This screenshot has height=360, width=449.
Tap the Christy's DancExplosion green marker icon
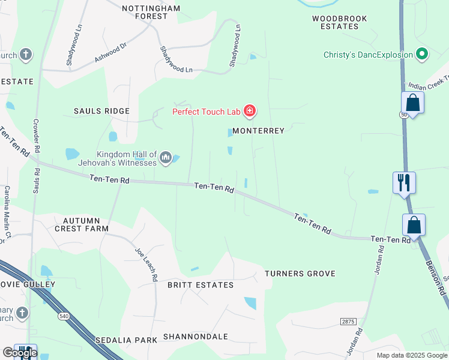pos(422,55)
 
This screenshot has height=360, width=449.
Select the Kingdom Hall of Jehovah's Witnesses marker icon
pos(166,158)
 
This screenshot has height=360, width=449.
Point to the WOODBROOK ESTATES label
pos(339,23)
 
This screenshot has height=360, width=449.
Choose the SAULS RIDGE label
pos(101,111)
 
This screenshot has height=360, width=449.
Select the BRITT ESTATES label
pos(200,285)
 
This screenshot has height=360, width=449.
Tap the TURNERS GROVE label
pos(300,274)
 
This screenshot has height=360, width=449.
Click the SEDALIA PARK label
pos(126,340)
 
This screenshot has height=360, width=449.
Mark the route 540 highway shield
pos(63,316)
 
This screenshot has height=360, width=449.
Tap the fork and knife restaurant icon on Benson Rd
pos(404,181)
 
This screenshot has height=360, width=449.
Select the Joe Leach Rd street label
pos(145,265)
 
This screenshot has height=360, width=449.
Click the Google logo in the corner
pos(20,352)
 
